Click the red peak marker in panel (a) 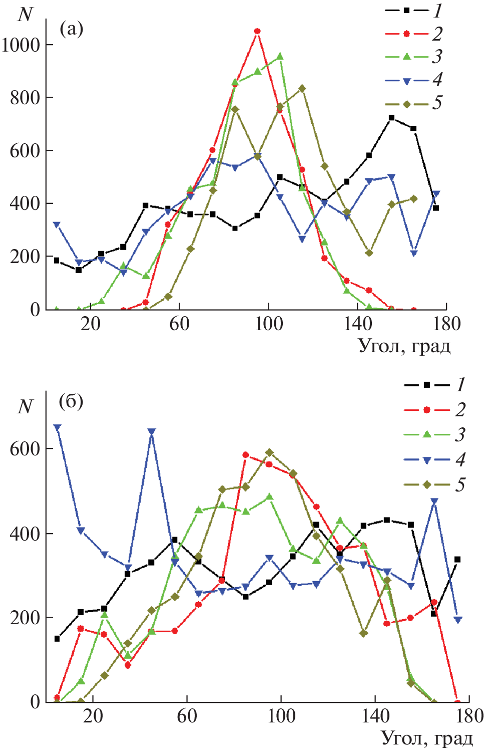[x=257, y=31]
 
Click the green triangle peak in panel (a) [x=280, y=56]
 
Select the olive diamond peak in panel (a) [x=302, y=88]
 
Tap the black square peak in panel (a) [x=391, y=118]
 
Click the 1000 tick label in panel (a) [x=21, y=45]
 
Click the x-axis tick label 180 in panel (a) [x=446, y=324]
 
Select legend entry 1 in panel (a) [x=412, y=10]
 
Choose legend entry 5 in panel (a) [x=412, y=104]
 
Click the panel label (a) [x=71, y=29]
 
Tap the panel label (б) [x=71, y=402]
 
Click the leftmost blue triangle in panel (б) [x=57, y=427]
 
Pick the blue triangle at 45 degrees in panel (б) [x=152, y=431]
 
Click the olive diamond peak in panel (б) [x=269, y=452]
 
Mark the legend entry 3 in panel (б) [x=433, y=434]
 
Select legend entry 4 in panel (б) [x=433, y=459]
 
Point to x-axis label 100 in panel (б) [x=281, y=716]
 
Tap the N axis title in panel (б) [x=25, y=406]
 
